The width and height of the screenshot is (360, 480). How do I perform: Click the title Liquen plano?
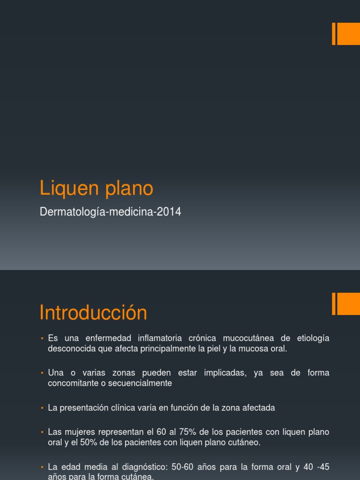coord(97,188)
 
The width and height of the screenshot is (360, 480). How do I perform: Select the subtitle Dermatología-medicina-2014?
coord(111,212)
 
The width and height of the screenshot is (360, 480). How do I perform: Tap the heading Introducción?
coord(93,313)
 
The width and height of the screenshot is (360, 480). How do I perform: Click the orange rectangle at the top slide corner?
coord(347,34)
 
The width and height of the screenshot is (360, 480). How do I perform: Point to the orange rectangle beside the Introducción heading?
coord(347,304)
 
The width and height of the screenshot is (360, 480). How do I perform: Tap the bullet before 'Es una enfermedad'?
coord(42,338)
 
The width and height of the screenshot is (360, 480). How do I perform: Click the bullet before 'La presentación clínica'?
coord(42,408)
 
